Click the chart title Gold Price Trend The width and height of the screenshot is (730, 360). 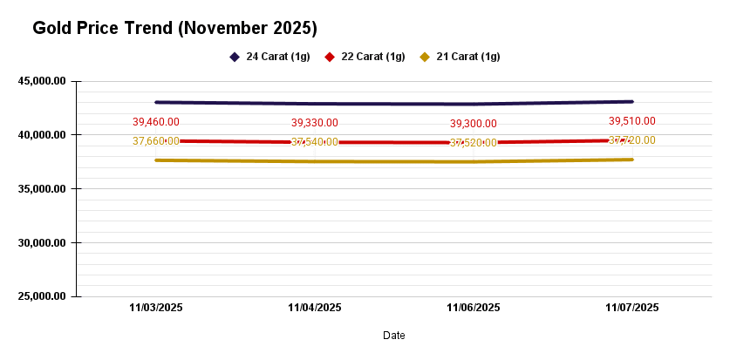pos(174,29)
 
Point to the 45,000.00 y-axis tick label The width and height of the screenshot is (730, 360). pos(42,81)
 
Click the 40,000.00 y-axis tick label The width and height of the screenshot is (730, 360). pos(42,135)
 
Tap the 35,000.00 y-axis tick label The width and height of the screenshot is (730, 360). pos(42,188)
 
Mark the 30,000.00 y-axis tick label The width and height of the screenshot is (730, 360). pos(42,242)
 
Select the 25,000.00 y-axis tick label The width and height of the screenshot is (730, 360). pos(42,295)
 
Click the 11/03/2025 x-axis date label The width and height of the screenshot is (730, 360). pos(156,308)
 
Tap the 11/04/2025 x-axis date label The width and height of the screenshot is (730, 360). pos(315,308)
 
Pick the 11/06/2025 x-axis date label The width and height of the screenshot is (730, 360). pos(474,308)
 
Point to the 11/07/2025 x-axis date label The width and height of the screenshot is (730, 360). pos(632,308)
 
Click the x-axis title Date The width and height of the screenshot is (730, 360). pos(394,335)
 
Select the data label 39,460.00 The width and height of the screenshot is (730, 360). pos(156,122)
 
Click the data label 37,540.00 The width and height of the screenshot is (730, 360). pos(315,142)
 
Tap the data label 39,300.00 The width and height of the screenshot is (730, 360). pos(474,124)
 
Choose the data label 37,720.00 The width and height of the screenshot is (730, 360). pos(632,139)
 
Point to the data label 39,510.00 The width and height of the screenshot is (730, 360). pos(632,121)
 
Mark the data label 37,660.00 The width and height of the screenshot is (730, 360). pos(156,140)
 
